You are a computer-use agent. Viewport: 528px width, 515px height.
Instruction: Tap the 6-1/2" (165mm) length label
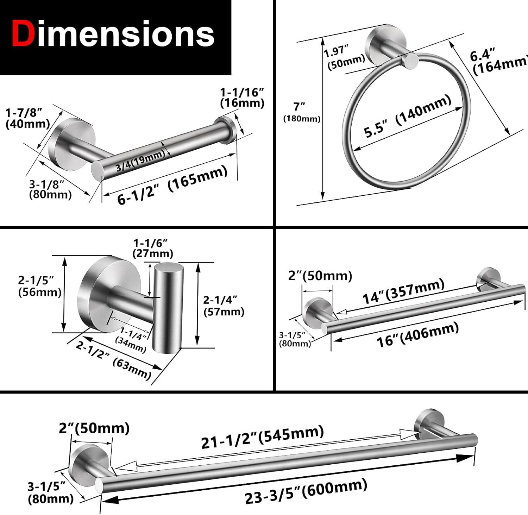click(x=172, y=185)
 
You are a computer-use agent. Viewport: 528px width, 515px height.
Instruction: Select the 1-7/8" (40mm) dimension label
click(x=27, y=118)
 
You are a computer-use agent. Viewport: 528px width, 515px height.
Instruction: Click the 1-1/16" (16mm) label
click(x=242, y=98)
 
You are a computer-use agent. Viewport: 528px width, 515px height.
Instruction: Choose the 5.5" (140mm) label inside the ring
click(x=407, y=116)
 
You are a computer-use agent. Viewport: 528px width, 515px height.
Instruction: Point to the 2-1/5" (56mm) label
click(x=39, y=286)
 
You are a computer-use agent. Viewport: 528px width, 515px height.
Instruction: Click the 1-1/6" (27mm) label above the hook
click(x=152, y=248)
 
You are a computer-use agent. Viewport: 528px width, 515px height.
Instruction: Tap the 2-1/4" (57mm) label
click(x=224, y=305)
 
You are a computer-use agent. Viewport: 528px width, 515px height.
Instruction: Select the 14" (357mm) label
click(x=403, y=291)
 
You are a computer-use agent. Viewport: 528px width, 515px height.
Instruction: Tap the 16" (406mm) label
click(x=417, y=335)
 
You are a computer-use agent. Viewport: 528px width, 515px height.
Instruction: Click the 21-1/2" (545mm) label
click(x=262, y=437)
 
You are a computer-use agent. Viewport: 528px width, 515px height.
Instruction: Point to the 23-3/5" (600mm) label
click(x=306, y=491)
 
